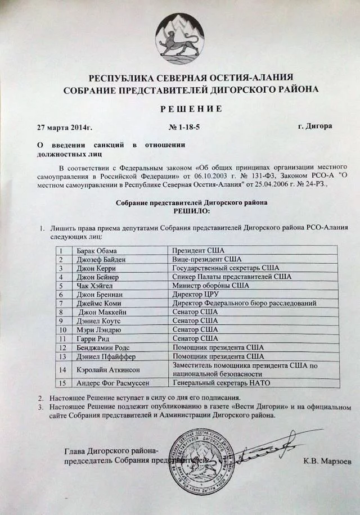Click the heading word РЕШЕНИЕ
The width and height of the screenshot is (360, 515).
point(179,108)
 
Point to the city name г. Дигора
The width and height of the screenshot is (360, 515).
point(314,125)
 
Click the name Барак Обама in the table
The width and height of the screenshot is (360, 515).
point(96,250)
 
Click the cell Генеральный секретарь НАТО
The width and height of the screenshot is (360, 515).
point(222,383)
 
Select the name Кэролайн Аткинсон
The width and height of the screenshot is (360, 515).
point(107,369)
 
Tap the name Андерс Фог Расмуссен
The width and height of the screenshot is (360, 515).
point(112,383)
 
